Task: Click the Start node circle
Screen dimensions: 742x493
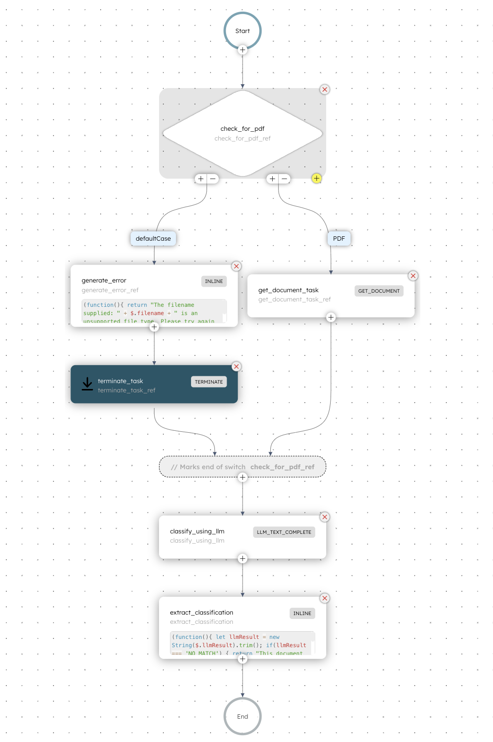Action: (x=243, y=31)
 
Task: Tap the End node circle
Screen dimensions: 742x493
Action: (x=243, y=716)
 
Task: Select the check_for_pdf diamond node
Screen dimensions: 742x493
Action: (x=243, y=133)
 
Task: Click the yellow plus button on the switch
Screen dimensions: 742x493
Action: (x=317, y=178)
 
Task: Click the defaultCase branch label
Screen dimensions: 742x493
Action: (x=153, y=238)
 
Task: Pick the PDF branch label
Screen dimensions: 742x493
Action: (x=339, y=238)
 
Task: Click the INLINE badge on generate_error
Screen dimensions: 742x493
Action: (x=214, y=281)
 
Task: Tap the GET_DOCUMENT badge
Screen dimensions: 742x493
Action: (x=379, y=291)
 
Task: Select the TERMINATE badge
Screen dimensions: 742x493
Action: (x=209, y=382)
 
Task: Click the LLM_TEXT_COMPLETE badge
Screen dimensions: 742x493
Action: (x=284, y=532)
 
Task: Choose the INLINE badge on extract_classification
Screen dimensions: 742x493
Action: (x=302, y=613)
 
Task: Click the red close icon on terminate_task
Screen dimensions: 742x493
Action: (x=236, y=367)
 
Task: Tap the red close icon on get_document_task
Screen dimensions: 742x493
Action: (x=413, y=276)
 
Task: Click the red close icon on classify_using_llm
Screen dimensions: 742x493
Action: (x=325, y=517)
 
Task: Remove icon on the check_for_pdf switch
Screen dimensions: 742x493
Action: (x=325, y=89)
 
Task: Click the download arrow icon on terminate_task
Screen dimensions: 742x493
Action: (x=88, y=384)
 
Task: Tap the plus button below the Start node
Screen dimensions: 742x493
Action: (x=243, y=50)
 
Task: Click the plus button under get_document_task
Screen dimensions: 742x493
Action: (x=331, y=318)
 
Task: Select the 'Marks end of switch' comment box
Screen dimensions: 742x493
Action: (x=243, y=467)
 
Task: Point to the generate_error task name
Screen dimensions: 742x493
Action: (x=104, y=281)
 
